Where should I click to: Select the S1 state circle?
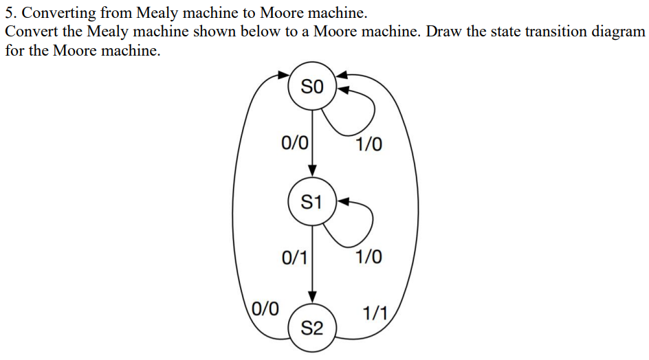tap(311, 202)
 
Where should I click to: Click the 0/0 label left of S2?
tap(265, 307)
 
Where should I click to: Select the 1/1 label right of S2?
tap(375, 315)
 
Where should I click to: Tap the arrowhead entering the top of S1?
tap(312, 171)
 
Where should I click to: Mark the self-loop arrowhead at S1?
tap(344, 201)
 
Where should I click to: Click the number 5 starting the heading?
tap(9, 12)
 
